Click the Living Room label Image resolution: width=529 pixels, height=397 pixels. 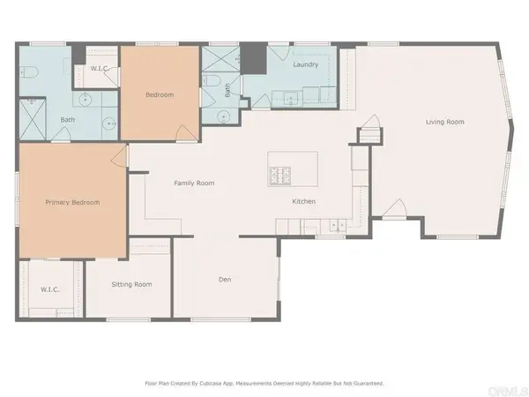click(x=445, y=122)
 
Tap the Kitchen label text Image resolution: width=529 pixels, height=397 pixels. click(x=304, y=202)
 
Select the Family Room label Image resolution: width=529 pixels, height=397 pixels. click(x=194, y=184)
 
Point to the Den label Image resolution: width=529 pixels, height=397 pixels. click(x=225, y=280)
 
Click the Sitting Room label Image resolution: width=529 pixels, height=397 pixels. click(x=131, y=284)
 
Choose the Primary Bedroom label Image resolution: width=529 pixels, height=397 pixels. click(x=72, y=202)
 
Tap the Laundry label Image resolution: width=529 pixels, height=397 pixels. click(x=305, y=64)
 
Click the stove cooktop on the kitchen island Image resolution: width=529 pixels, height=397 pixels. click(x=280, y=176)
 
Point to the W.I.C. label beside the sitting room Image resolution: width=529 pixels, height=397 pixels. click(x=49, y=288)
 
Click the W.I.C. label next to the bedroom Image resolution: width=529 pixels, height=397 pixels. click(x=100, y=69)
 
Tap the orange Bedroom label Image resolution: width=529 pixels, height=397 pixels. click(x=159, y=94)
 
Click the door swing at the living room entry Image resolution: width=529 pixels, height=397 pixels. click(x=395, y=208)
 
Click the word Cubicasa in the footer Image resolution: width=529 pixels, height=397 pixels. click(x=209, y=383)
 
